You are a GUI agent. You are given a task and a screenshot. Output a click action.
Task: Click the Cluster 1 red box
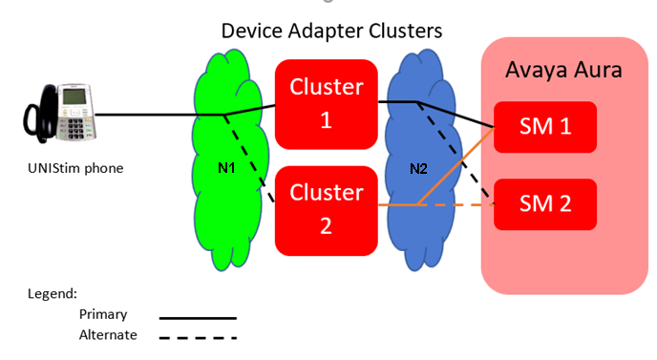coord(326,104)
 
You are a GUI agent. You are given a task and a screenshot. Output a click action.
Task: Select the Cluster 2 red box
coord(326,211)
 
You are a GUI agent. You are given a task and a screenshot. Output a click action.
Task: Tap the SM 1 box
coord(545,127)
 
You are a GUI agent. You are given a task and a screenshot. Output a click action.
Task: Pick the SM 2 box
coord(545,204)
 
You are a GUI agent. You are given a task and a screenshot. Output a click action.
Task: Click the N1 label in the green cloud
coord(226,168)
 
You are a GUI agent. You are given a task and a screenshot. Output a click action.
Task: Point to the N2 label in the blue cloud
coord(418,169)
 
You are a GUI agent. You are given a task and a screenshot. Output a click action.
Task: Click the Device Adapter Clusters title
coord(331,31)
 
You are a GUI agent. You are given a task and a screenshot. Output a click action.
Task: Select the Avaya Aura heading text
coord(563,70)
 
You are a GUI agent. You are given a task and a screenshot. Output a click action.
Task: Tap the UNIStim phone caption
coord(75,168)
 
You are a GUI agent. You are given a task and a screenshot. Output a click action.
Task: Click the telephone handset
coord(40,114)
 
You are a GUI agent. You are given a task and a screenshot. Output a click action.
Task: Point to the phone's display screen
coord(74,96)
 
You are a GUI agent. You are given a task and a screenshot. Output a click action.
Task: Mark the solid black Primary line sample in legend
coord(198,319)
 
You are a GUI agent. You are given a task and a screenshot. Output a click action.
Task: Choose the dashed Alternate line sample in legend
coord(198,338)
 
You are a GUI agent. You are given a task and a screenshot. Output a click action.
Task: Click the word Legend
coord(53,294)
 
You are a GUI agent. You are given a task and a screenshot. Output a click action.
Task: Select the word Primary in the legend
coord(103,314)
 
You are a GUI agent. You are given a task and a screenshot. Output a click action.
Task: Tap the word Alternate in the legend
coord(108,335)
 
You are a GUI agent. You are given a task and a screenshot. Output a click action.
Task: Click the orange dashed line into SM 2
coord(456,205)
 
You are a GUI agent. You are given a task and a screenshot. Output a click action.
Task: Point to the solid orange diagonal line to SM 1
coord(456,166)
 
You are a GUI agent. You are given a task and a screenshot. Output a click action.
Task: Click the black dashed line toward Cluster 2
coord(249,159)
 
